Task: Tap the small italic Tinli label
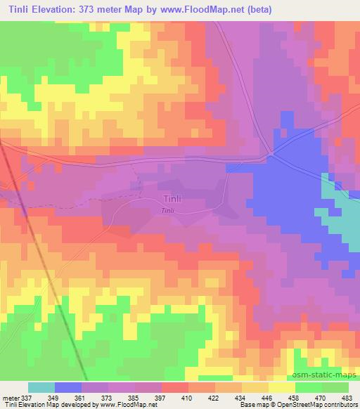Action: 167,211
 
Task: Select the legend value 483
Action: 347,397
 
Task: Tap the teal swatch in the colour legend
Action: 41,387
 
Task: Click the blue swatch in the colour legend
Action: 67,387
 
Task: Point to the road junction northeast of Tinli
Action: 271,155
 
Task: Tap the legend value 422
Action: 214,397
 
